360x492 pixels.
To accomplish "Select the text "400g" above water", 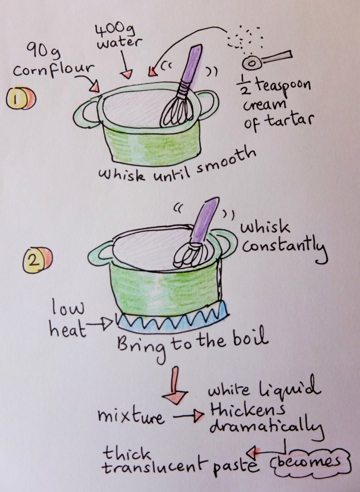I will [x=109, y=30].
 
